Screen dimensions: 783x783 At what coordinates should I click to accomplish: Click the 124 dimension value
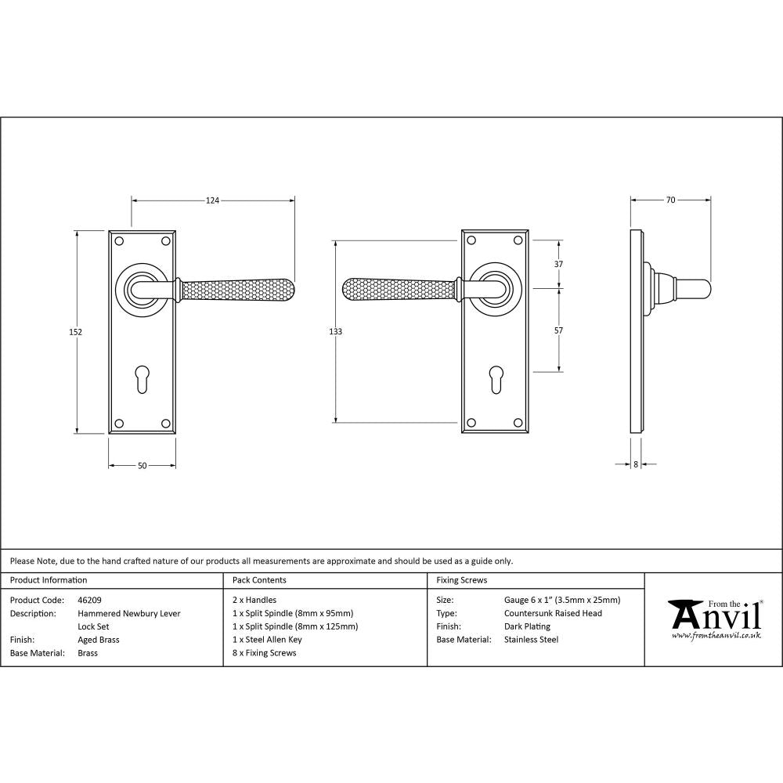[x=212, y=201]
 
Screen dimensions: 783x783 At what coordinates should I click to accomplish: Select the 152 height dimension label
[x=76, y=332]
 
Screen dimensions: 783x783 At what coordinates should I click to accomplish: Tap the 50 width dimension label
[x=142, y=466]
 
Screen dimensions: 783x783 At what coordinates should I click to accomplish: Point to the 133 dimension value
[x=335, y=332]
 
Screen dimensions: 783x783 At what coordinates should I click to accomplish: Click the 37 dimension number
[x=558, y=265]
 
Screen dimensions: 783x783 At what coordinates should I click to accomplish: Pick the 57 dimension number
[x=558, y=331]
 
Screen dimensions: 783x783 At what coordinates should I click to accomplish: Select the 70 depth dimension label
[x=670, y=200]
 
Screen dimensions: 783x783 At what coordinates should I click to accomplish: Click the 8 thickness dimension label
[x=635, y=464]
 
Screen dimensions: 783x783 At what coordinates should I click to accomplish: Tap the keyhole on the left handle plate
[x=141, y=379]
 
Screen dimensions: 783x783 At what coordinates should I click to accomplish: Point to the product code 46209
[x=90, y=601]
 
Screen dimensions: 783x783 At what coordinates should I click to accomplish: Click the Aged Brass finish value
[x=99, y=640]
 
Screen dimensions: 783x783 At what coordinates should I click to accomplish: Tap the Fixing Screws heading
[x=461, y=580]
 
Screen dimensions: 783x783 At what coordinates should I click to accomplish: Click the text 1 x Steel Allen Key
[x=267, y=640]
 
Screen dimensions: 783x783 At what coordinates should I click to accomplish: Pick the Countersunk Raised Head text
[x=553, y=614]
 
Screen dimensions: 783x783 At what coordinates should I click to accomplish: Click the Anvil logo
[x=715, y=619]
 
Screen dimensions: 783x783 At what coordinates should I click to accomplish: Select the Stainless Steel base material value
[x=531, y=640]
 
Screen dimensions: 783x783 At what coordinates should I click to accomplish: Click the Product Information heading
[x=49, y=580]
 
